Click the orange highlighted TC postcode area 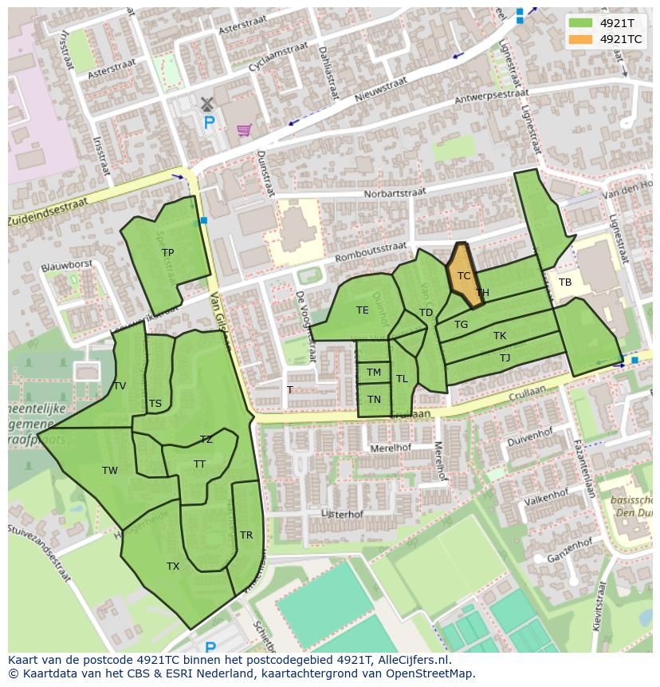pyautogui.click(x=463, y=275)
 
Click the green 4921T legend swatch pyautogui.click(x=580, y=22)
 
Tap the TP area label pyautogui.click(x=167, y=253)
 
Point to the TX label pyautogui.click(x=173, y=567)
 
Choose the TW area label pyautogui.click(x=110, y=471)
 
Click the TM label pyautogui.click(x=374, y=373)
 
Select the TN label pyautogui.click(x=374, y=400)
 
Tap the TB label pyautogui.click(x=565, y=282)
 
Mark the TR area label pyautogui.click(x=246, y=535)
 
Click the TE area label pyautogui.click(x=363, y=310)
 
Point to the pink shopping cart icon pyautogui.click(x=244, y=129)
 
